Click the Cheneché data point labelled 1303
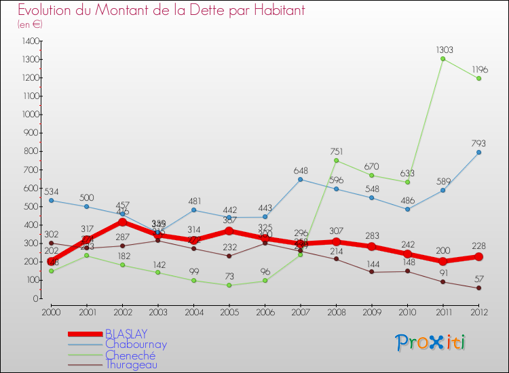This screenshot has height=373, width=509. pyautogui.click(x=443, y=58)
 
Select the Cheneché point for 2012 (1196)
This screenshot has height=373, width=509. pyautogui.click(x=478, y=78)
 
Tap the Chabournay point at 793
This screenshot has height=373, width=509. pyautogui.click(x=478, y=152)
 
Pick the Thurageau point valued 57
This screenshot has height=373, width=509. pyautogui.click(x=478, y=288)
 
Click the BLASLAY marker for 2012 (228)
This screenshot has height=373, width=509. pyautogui.click(x=478, y=256)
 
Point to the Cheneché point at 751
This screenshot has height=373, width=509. pyautogui.click(x=336, y=160)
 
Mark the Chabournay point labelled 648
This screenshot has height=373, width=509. pyautogui.click(x=301, y=179)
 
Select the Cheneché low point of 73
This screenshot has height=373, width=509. pyautogui.click(x=229, y=285)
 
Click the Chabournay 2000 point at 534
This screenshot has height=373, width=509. pyautogui.click(x=52, y=200)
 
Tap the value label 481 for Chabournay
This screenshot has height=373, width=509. pyautogui.click(x=194, y=201)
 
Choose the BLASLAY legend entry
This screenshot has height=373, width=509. pyautogui.click(x=126, y=334)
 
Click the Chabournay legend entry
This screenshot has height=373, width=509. pyautogui.click(x=136, y=344)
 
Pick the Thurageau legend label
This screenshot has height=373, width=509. pyautogui.click(x=132, y=364)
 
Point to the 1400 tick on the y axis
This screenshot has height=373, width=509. pyautogui.click(x=30, y=41)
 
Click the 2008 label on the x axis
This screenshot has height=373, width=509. pyautogui.click(x=336, y=311)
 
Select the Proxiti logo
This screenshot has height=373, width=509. pyautogui.click(x=431, y=342)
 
